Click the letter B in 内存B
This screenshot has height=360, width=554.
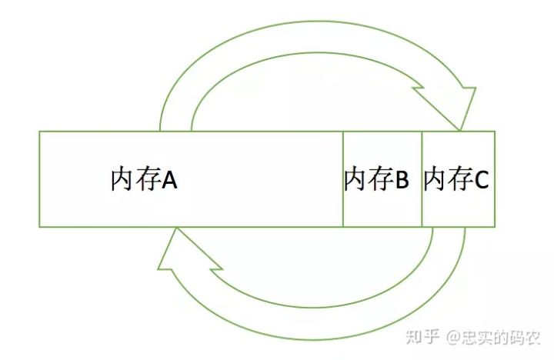(402, 180)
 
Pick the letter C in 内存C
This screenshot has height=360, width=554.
(481, 180)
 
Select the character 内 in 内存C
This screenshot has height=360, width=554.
(436, 180)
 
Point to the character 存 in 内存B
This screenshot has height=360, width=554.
(379, 180)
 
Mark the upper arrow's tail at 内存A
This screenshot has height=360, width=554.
(175, 127)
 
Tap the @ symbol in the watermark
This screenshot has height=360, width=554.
(454, 336)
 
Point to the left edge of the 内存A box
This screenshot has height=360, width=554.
(39, 179)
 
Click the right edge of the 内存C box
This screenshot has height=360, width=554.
(495, 179)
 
